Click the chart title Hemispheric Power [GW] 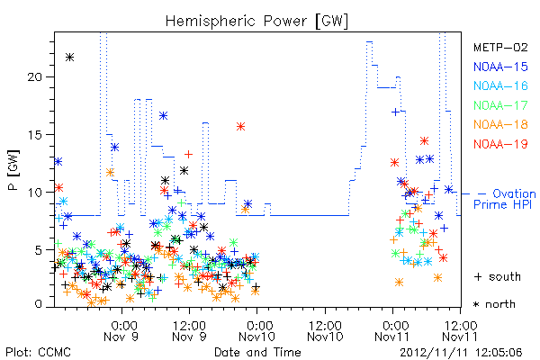tap(256, 21)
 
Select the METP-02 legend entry tap(500, 47)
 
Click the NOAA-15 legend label tap(500, 67)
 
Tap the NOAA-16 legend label tap(500, 85)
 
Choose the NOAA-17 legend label tap(500, 105)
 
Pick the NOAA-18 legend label tap(500, 124)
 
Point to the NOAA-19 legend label tap(500, 144)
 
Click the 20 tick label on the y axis tap(35, 76)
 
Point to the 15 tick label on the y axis tap(35, 134)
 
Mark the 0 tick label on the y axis tap(38, 304)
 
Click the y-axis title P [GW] tap(13, 170)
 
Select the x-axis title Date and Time tap(257, 352)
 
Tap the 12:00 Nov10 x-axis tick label tap(325, 331)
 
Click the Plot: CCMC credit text tap(38, 352)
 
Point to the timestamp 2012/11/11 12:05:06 tap(461, 353)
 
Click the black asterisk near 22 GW tap(70, 58)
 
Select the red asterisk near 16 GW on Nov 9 tap(240, 126)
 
